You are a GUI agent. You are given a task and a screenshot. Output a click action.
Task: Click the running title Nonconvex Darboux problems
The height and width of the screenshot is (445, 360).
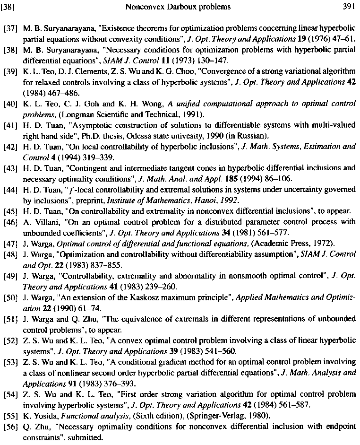[x=179, y=7]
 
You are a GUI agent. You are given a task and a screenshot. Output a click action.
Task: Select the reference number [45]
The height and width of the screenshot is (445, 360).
[x=10, y=211]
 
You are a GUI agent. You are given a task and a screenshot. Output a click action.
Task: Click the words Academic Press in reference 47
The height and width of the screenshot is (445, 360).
[x=276, y=244]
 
